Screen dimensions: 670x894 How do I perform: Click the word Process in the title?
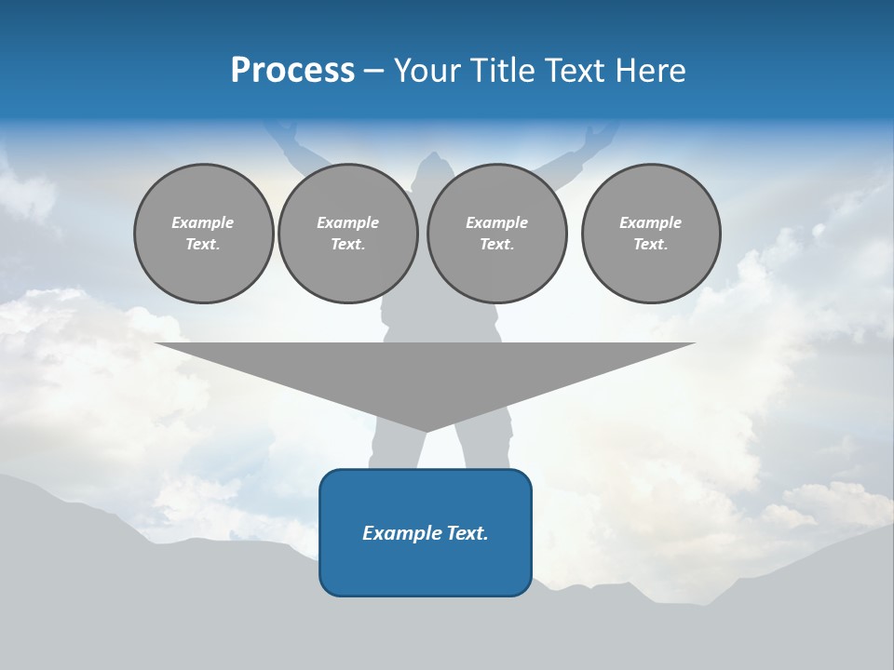(x=292, y=71)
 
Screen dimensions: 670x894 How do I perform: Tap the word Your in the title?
(x=427, y=71)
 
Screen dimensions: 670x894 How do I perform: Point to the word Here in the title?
(x=651, y=71)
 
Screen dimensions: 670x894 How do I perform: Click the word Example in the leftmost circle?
(x=203, y=222)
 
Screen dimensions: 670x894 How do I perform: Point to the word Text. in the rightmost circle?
(x=651, y=244)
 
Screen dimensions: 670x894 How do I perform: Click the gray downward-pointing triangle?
(x=426, y=372)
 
